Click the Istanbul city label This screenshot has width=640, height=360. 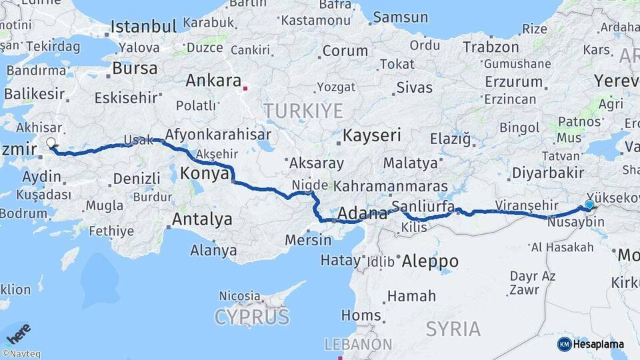[x=143, y=27]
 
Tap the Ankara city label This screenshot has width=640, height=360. [x=213, y=81]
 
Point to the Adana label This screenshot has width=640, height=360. [x=363, y=214]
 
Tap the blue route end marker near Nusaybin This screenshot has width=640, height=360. [x=589, y=205]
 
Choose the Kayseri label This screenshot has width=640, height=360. [x=372, y=136]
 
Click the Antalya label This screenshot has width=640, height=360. [x=202, y=219]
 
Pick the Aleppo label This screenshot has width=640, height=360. [x=430, y=261]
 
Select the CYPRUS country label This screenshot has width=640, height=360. [x=252, y=317]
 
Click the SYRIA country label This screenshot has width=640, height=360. [x=453, y=329]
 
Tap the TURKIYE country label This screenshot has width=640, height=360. [x=303, y=111]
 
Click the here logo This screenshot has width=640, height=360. [x=18, y=332]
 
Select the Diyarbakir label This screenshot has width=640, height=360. [x=548, y=173]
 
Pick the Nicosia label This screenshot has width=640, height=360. [x=239, y=295]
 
